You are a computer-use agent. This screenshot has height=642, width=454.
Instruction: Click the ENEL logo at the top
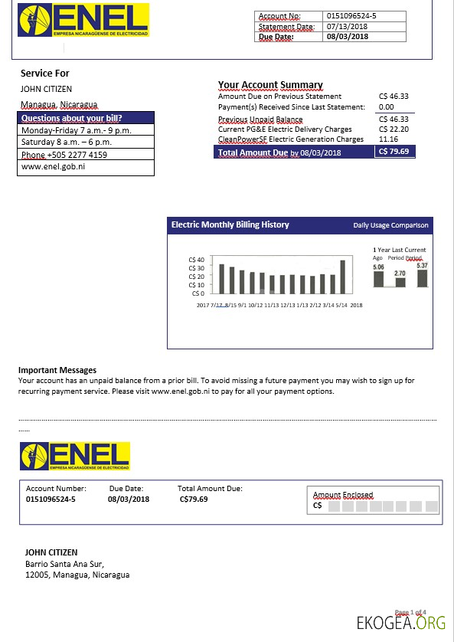click(x=83, y=20)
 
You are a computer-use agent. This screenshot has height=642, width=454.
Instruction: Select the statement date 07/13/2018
click(x=348, y=27)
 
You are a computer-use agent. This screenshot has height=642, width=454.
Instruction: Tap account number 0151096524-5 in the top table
click(x=351, y=16)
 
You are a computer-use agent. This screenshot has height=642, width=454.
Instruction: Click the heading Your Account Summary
click(x=270, y=85)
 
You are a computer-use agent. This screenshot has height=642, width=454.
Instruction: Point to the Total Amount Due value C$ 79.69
click(x=394, y=152)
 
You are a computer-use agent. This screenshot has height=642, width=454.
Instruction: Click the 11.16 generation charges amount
click(x=388, y=139)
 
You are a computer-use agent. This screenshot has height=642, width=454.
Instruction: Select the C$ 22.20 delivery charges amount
click(x=394, y=129)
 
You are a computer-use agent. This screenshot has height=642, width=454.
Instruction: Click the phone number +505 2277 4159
click(x=64, y=155)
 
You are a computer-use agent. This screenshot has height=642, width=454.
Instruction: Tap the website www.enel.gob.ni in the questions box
click(x=53, y=166)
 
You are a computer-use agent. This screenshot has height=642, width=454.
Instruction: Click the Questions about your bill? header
click(x=71, y=118)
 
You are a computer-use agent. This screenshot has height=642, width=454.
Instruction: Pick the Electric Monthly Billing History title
click(x=230, y=225)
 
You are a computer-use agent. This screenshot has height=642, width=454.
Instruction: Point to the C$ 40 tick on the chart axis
click(x=196, y=260)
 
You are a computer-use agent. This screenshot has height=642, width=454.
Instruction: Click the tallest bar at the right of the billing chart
click(x=342, y=277)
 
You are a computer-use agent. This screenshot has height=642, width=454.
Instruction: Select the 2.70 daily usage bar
click(x=400, y=282)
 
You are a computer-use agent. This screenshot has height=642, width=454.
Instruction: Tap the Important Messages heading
click(x=57, y=370)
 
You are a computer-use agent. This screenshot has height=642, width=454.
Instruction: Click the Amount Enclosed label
click(x=343, y=495)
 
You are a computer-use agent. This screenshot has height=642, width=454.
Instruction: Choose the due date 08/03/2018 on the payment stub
click(x=129, y=500)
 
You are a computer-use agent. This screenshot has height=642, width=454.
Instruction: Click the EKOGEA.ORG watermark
click(x=401, y=623)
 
